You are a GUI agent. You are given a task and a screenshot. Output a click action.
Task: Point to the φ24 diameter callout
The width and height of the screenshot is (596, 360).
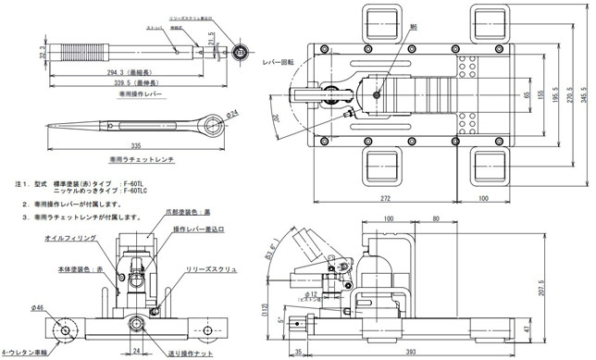coord(231,113)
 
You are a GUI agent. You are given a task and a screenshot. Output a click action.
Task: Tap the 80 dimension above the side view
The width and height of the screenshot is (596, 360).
coord(433,219)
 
